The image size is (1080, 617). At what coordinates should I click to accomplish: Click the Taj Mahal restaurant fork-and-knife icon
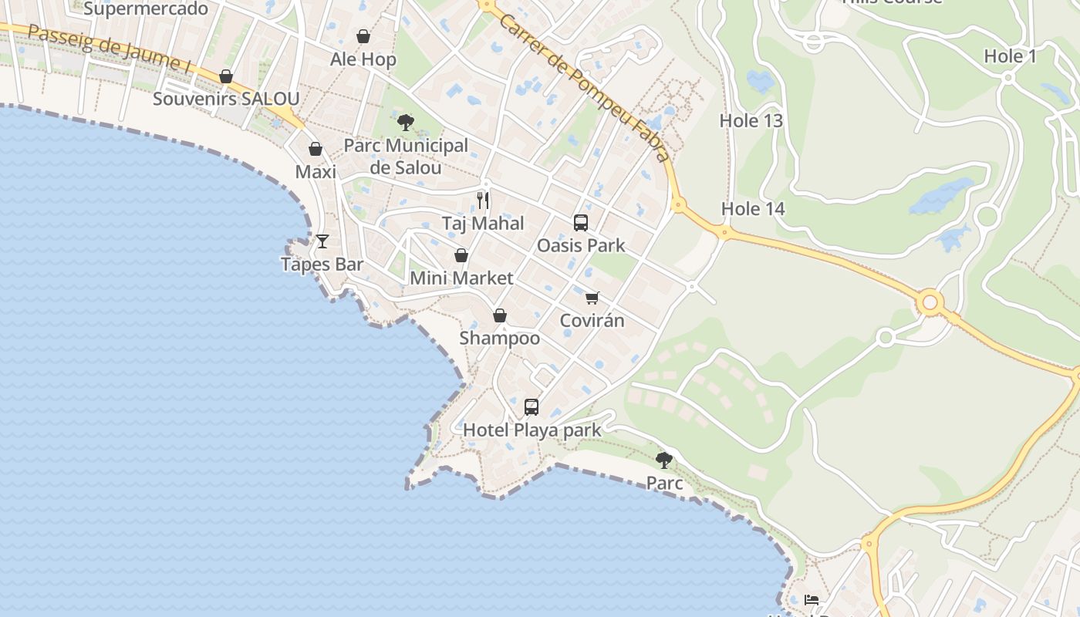tap(483, 201)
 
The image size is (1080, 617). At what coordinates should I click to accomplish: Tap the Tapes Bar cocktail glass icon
tap(322, 241)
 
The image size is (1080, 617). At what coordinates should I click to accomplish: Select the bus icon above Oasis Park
tap(581, 223)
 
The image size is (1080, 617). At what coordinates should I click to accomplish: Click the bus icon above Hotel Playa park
tap(532, 407)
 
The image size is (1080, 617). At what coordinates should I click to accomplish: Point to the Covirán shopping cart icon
tap(592, 298)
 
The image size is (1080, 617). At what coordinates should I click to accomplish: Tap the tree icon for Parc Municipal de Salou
tap(405, 122)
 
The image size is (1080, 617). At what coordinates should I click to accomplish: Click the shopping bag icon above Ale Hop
tap(363, 36)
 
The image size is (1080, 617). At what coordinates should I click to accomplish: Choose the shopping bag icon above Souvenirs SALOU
tap(226, 76)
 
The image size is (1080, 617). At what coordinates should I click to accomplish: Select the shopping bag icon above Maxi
tap(316, 149)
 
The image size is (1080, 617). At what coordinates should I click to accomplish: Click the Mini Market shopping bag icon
tap(461, 255)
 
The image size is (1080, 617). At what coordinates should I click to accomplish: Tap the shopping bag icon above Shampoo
tap(500, 315)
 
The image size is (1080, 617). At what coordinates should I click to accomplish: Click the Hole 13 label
tap(751, 120)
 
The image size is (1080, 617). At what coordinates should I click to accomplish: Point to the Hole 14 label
tap(752, 209)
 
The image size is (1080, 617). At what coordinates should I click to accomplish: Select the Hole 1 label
tap(1011, 56)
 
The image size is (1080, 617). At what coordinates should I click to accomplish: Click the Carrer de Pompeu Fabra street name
tap(584, 87)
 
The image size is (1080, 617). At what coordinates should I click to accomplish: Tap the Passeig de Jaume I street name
tap(108, 49)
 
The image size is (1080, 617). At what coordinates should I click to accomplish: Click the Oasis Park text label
tap(581, 246)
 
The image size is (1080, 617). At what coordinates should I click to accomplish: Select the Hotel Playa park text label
tap(532, 430)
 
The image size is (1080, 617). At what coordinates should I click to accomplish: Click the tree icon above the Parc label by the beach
tap(663, 460)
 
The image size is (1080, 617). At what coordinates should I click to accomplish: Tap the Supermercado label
tap(146, 8)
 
